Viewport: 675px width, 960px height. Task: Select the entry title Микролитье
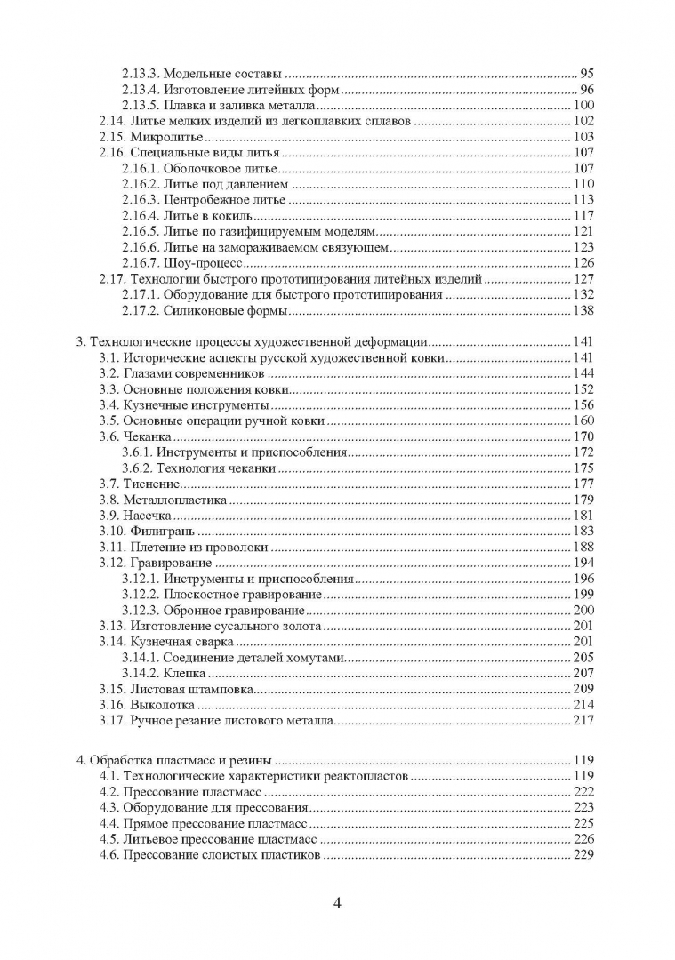point(166,137)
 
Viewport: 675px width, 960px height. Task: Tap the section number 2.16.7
point(141,263)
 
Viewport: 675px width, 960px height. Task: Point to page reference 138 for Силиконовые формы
point(583,310)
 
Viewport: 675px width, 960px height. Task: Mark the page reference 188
point(583,547)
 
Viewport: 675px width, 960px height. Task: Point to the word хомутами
point(317,658)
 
